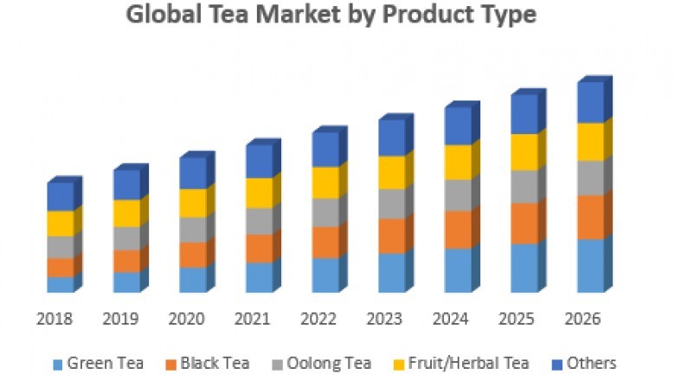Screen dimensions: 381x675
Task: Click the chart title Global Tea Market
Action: (x=331, y=15)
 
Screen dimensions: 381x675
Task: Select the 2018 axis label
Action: (x=54, y=319)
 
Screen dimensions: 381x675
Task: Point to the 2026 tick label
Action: (x=583, y=319)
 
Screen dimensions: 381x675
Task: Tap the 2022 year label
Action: (x=318, y=319)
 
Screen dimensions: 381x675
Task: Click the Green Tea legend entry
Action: (x=97, y=363)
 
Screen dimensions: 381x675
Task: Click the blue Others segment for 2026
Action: (x=590, y=103)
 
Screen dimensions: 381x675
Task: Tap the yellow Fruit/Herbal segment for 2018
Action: (x=61, y=223)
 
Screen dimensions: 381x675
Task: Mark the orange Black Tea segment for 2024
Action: (x=458, y=229)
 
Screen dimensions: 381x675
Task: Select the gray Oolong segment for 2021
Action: (x=259, y=221)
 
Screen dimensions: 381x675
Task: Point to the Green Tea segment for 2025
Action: (x=524, y=268)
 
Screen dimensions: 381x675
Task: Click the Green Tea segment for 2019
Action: (x=126, y=282)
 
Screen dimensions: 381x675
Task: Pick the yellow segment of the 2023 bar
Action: (x=391, y=172)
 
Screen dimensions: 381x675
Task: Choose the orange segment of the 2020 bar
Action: (x=193, y=255)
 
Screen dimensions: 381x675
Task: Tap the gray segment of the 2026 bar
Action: (x=590, y=178)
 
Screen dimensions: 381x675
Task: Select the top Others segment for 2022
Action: (x=325, y=149)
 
